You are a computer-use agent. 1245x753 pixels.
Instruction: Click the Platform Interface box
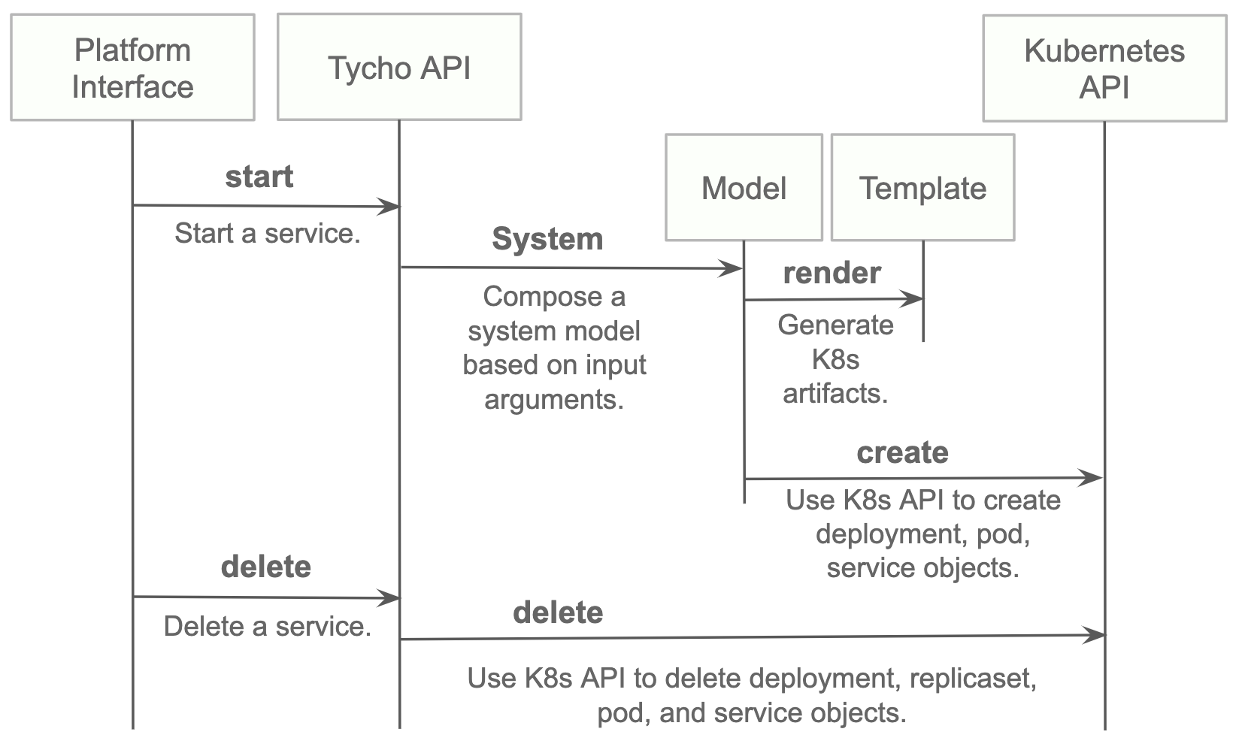[132, 68]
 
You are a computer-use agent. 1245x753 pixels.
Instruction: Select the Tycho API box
[399, 68]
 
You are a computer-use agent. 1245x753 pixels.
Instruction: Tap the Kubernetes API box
[1104, 68]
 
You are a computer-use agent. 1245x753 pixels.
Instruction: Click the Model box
[744, 188]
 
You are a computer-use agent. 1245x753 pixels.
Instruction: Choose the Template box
[922, 188]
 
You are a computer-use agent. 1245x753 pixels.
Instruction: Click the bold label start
[259, 177]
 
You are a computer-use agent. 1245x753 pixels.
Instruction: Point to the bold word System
[547, 240]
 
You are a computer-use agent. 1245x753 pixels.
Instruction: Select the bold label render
[832, 274]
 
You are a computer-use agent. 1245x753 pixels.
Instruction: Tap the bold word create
[902, 453]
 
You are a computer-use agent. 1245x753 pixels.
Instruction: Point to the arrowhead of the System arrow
[733, 268]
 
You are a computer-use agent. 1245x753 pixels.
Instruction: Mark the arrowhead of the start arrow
[390, 207]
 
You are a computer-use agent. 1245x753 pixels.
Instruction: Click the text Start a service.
[268, 234]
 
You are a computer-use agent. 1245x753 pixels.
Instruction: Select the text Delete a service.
[268, 627]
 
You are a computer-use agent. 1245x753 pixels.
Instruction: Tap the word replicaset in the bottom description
[973, 679]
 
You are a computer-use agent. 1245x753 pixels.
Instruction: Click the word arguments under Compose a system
[554, 400]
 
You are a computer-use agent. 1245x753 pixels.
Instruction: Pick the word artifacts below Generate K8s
[835, 394]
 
